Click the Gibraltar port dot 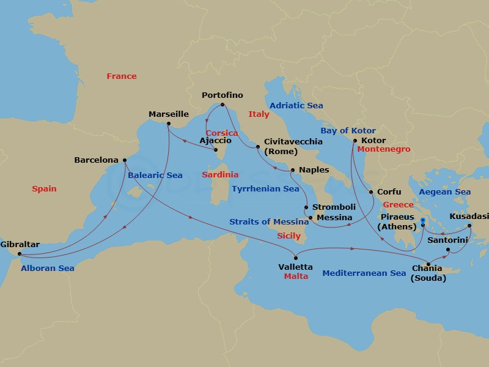click(x=19, y=253)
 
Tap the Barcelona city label click(x=96, y=160)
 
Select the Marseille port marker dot click(x=169, y=124)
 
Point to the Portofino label click(x=222, y=95)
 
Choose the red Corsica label click(x=221, y=133)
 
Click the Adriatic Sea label click(x=296, y=106)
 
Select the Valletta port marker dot click(x=296, y=258)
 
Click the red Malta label click(x=296, y=276)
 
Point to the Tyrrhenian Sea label click(x=265, y=189)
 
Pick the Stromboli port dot click(x=306, y=207)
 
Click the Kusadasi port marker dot click(x=469, y=226)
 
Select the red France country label click(x=122, y=76)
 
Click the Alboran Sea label click(x=48, y=268)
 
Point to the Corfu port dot click(x=370, y=192)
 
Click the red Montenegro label click(x=384, y=149)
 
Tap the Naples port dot click(x=292, y=170)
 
